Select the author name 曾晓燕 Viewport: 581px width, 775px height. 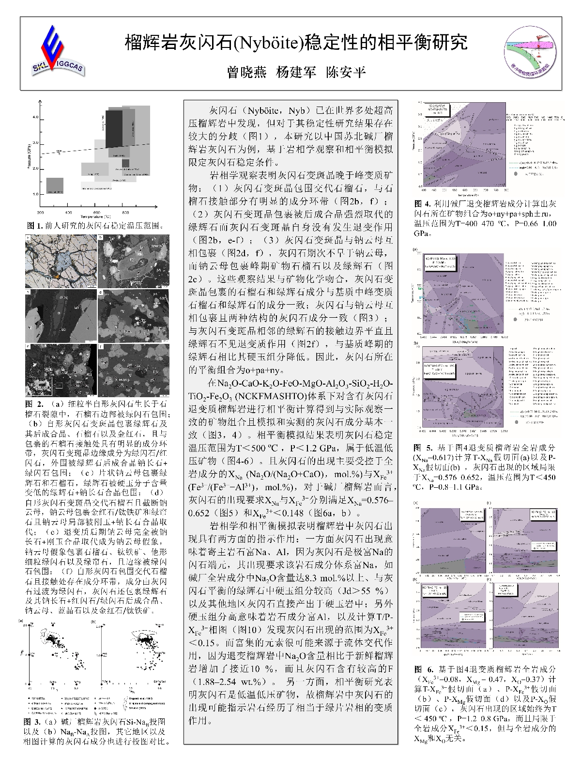point(247,73)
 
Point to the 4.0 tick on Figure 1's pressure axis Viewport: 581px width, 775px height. point(35,118)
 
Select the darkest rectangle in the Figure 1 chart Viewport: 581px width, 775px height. point(114,128)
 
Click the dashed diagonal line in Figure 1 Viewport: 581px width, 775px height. point(97,148)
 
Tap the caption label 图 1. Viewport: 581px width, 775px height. point(34,226)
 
